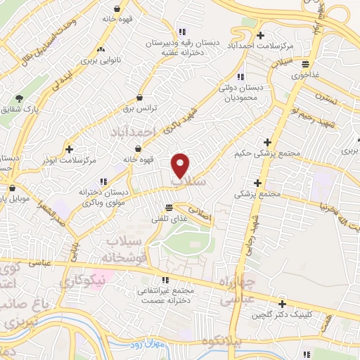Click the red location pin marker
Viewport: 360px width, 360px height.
click(181, 165)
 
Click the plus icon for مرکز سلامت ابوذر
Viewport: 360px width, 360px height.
click(69, 149)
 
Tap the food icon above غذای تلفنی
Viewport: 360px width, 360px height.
click(169, 207)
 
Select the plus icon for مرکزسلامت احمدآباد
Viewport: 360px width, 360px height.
click(260, 35)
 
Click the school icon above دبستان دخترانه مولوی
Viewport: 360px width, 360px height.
click(103, 181)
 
